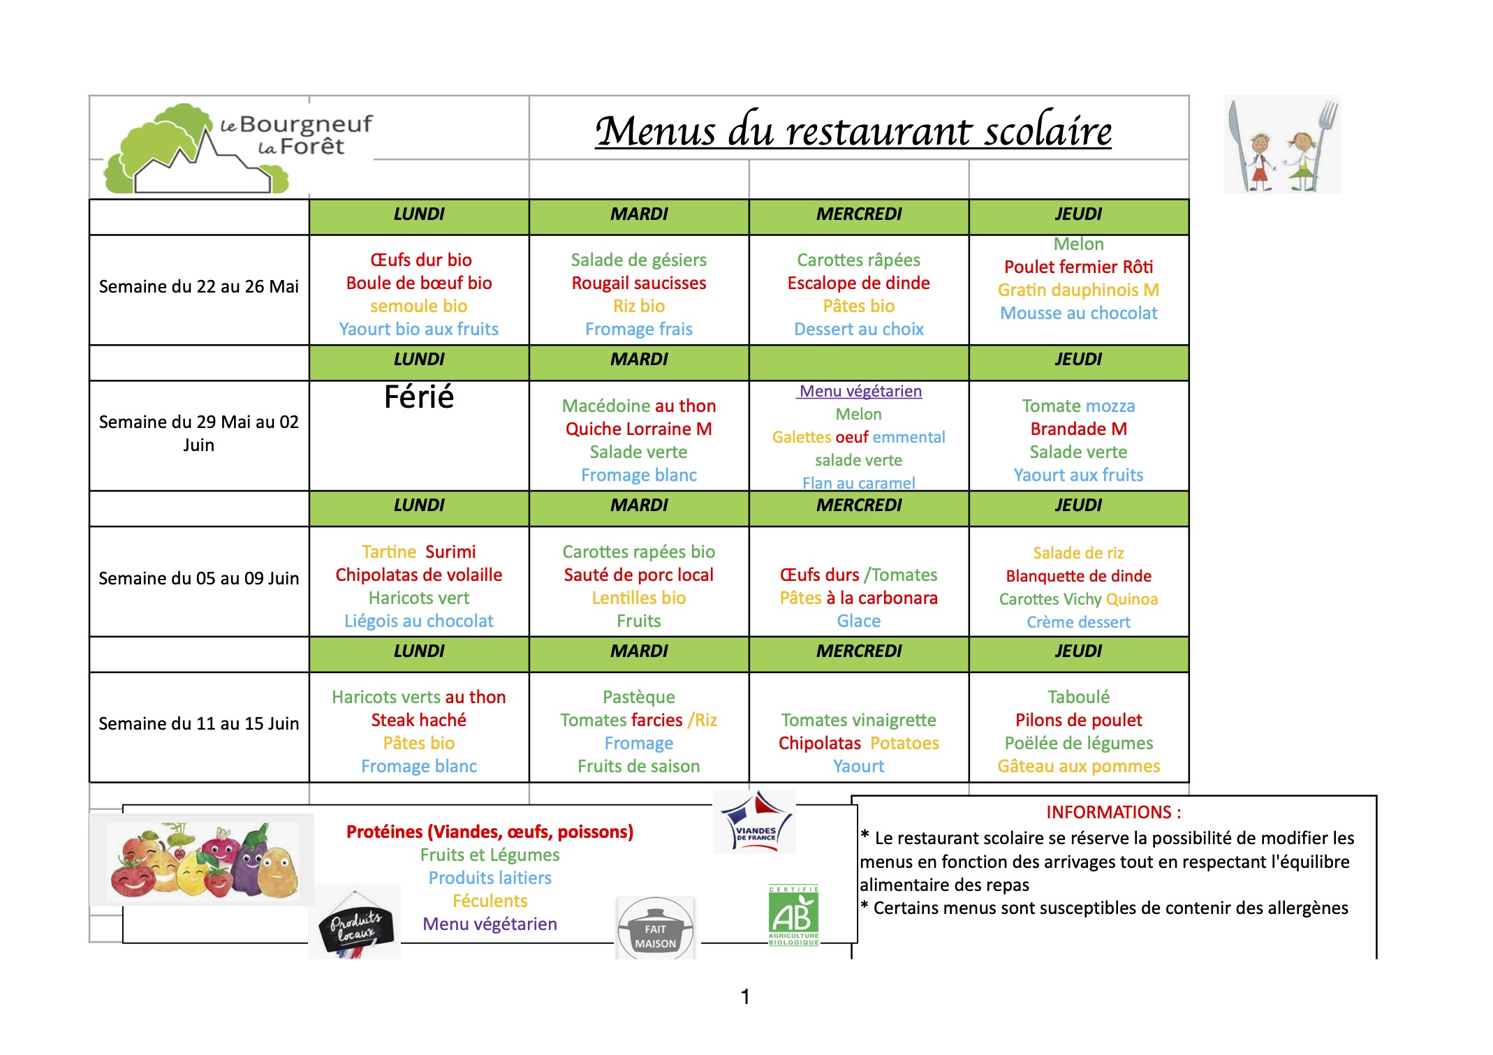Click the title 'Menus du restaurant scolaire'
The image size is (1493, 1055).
853,131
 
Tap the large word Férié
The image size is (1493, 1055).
419,397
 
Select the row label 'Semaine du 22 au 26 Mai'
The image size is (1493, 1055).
199,287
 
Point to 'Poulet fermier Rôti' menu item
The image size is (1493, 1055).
1078,267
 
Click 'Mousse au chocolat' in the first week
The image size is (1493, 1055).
1078,313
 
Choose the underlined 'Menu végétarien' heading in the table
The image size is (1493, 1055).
860,391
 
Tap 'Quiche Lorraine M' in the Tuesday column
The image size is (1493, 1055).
638,429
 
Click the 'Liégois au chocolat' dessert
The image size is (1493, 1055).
419,621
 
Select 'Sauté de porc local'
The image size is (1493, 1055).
638,575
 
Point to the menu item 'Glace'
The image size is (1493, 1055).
858,621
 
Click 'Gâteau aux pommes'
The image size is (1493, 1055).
1078,766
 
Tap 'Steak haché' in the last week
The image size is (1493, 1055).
419,720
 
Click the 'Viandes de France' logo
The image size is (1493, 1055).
755,822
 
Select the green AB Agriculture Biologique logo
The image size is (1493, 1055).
793,915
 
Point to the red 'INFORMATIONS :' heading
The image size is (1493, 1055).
1113,812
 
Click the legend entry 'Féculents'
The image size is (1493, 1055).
490,901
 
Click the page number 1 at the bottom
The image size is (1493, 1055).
745,996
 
